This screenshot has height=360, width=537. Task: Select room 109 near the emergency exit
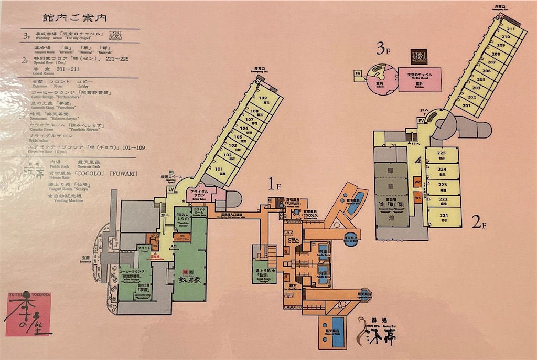click(x=262, y=99)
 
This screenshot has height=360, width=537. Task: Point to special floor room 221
click(x=443, y=216)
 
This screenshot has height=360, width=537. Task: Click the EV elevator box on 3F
click(x=359, y=73)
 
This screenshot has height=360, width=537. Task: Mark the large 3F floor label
click(x=384, y=50)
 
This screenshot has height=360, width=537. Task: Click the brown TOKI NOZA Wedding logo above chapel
click(x=419, y=57)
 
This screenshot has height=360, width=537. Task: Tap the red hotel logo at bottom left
click(x=29, y=314)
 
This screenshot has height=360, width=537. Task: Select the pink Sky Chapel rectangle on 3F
click(x=420, y=79)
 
